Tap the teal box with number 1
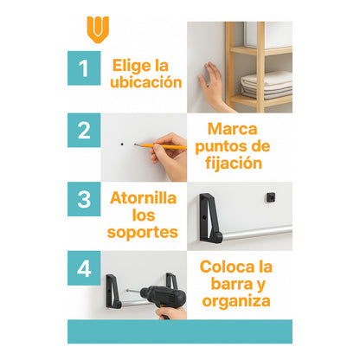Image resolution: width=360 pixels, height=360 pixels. (84, 68)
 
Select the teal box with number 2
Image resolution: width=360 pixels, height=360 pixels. (84, 131)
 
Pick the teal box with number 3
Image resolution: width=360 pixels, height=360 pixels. (84, 199)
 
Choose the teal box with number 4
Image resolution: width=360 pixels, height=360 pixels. (84, 268)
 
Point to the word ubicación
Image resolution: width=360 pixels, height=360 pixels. (146, 82)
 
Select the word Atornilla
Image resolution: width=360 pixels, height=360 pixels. (144, 197)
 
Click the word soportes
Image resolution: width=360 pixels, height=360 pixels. (144, 232)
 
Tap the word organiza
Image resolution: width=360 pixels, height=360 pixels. (235, 301)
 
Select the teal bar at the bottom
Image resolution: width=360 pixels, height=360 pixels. (179, 331)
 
